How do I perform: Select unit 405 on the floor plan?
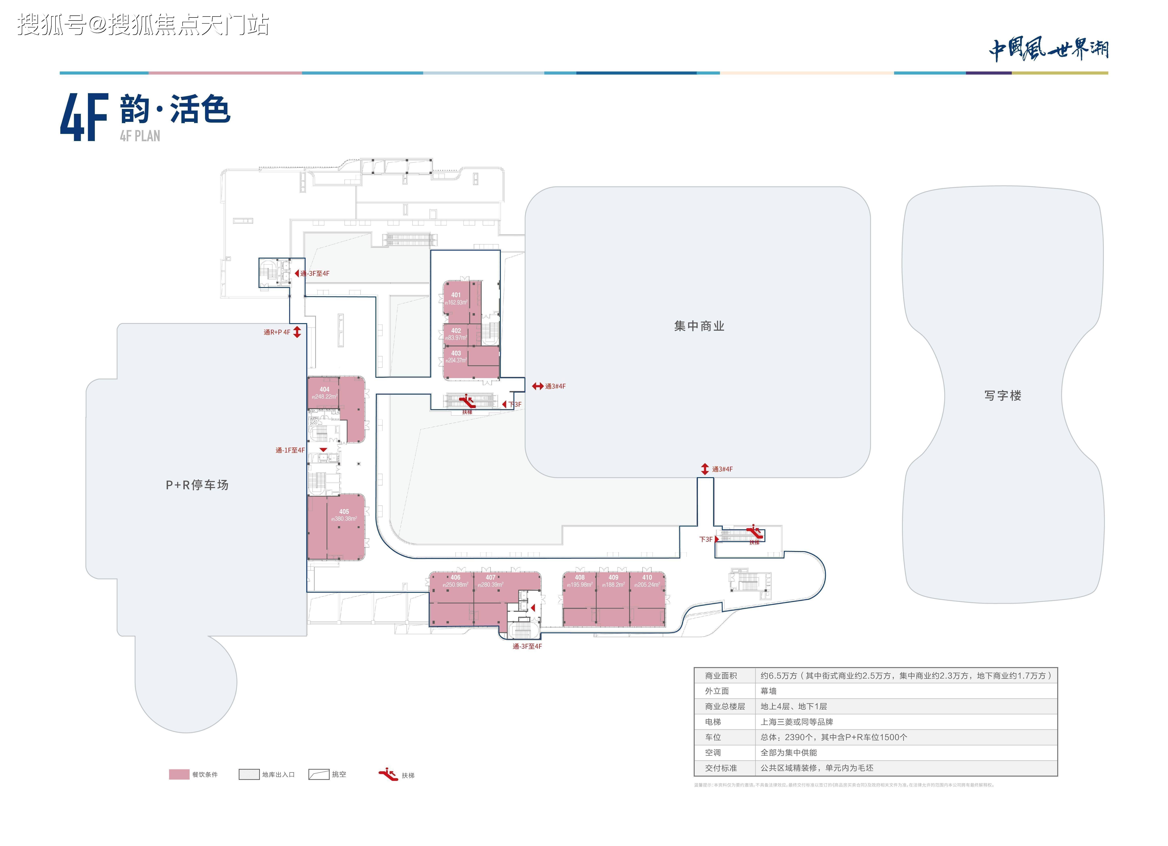343,515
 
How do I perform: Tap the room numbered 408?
579,581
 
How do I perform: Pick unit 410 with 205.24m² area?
647,581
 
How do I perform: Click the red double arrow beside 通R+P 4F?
297,332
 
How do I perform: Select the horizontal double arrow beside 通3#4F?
538,386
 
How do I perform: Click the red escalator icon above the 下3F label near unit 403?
467,399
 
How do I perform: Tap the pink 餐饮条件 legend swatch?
179,774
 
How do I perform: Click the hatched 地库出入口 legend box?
249,774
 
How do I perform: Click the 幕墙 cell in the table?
768,691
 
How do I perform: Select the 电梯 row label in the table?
713,722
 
